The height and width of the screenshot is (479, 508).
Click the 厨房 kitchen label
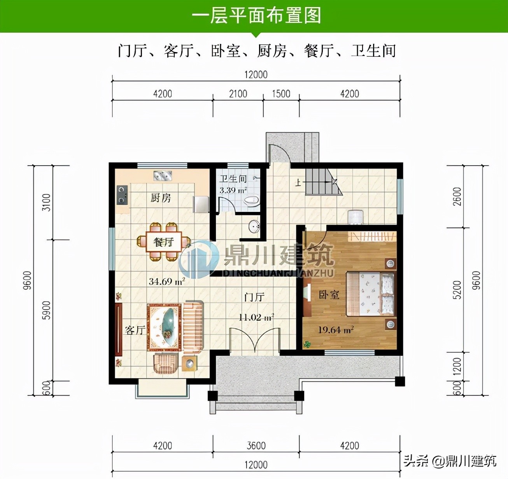click(160, 198)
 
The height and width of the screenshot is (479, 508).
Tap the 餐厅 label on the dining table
click(163, 242)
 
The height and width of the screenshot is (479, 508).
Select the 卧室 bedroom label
click(329, 295)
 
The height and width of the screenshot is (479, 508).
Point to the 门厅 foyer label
click(254, 297)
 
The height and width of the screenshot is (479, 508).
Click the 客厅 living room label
click(135, 330)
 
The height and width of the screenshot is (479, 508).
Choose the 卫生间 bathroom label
click(233, 178)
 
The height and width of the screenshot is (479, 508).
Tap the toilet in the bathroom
click(252, 200)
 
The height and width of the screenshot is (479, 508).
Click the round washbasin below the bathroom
click(254, 226)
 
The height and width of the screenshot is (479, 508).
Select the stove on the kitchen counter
click(122, 195)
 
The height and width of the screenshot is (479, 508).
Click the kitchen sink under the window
click(163, 176)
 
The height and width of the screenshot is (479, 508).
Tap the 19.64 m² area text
click(336, 330)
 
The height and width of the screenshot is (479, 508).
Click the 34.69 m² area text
click(167, 281)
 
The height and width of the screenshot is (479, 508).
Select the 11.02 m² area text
click(256, 317)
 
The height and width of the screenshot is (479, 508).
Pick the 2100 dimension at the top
click(238, 94)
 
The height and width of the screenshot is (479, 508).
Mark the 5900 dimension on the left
click(47, 310)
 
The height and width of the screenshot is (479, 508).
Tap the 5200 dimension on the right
click(457, 290)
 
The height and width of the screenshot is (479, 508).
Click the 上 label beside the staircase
click(298, 183)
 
